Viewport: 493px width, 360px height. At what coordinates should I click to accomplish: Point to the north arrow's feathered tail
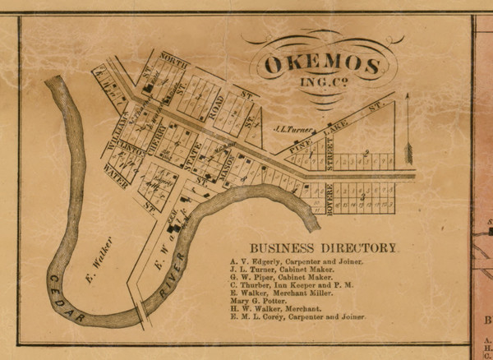(x=408, y=153)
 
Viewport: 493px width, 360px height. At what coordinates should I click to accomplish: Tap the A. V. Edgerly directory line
(x=297, y=261)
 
